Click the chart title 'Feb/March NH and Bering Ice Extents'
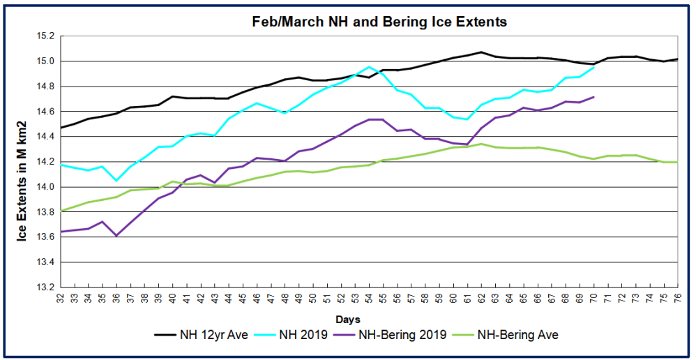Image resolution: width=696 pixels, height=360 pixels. point(379,22)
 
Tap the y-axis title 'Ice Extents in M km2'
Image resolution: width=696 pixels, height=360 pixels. point(23,161)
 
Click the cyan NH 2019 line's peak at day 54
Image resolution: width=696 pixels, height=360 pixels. point(370,67)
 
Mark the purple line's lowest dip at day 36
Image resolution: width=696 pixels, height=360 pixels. point(116,236)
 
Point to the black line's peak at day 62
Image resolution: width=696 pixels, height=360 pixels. point(482,52)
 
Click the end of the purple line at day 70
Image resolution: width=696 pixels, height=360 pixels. point(594,97)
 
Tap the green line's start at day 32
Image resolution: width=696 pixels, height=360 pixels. point(61,211)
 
